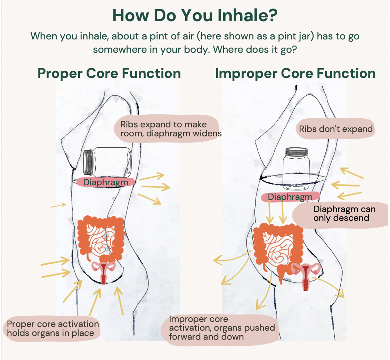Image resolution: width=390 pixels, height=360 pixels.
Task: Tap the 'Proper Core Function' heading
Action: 109,73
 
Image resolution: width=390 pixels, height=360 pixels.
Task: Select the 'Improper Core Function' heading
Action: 295,73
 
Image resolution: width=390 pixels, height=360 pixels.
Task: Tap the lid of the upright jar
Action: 296,152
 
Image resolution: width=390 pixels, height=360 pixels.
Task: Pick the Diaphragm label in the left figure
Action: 106,182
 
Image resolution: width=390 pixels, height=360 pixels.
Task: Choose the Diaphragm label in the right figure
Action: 291,197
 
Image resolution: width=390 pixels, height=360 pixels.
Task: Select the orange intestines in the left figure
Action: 100,238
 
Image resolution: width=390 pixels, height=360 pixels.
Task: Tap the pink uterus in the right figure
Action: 306,275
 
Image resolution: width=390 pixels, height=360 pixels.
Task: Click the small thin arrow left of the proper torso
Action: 58,205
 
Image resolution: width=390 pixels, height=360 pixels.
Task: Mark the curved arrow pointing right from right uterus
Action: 332,287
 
